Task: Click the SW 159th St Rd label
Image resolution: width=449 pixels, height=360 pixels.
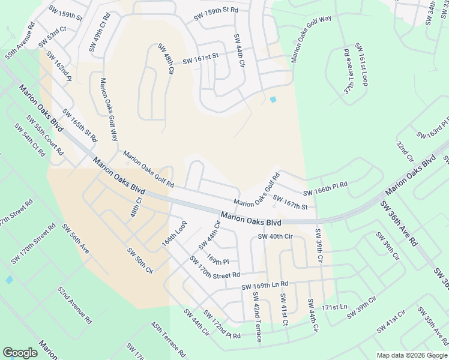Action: pyautogui.click(x=216, y=14)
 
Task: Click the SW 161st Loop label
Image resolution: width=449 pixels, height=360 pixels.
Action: pyautogui.click(x=361, y=64)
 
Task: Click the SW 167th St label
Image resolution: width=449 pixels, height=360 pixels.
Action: pyautogui.click(x=291, y=202)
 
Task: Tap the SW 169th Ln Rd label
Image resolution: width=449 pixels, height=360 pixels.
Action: pyautogui.click(x=265, y=285)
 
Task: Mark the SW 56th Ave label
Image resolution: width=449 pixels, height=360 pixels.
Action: pyautogui.click(x=76, y=238)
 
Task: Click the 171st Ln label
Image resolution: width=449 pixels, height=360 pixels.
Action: pyautogui.click(x=334, y=307)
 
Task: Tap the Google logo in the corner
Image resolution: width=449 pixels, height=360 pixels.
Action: pyautogui.click(x=20, y=353)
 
